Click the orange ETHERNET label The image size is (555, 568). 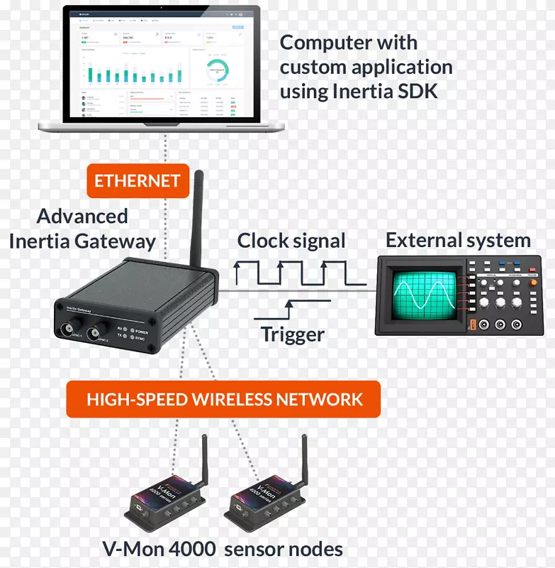click(x=138, y=180)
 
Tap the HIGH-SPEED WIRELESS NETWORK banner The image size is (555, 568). click(x=224, y=399)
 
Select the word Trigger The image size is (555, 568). click(x=292, y=334)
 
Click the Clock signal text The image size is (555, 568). click(x=291, y=241)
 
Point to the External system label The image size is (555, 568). click(x=458, y=240)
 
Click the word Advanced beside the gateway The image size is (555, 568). click(x=82, y=217)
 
